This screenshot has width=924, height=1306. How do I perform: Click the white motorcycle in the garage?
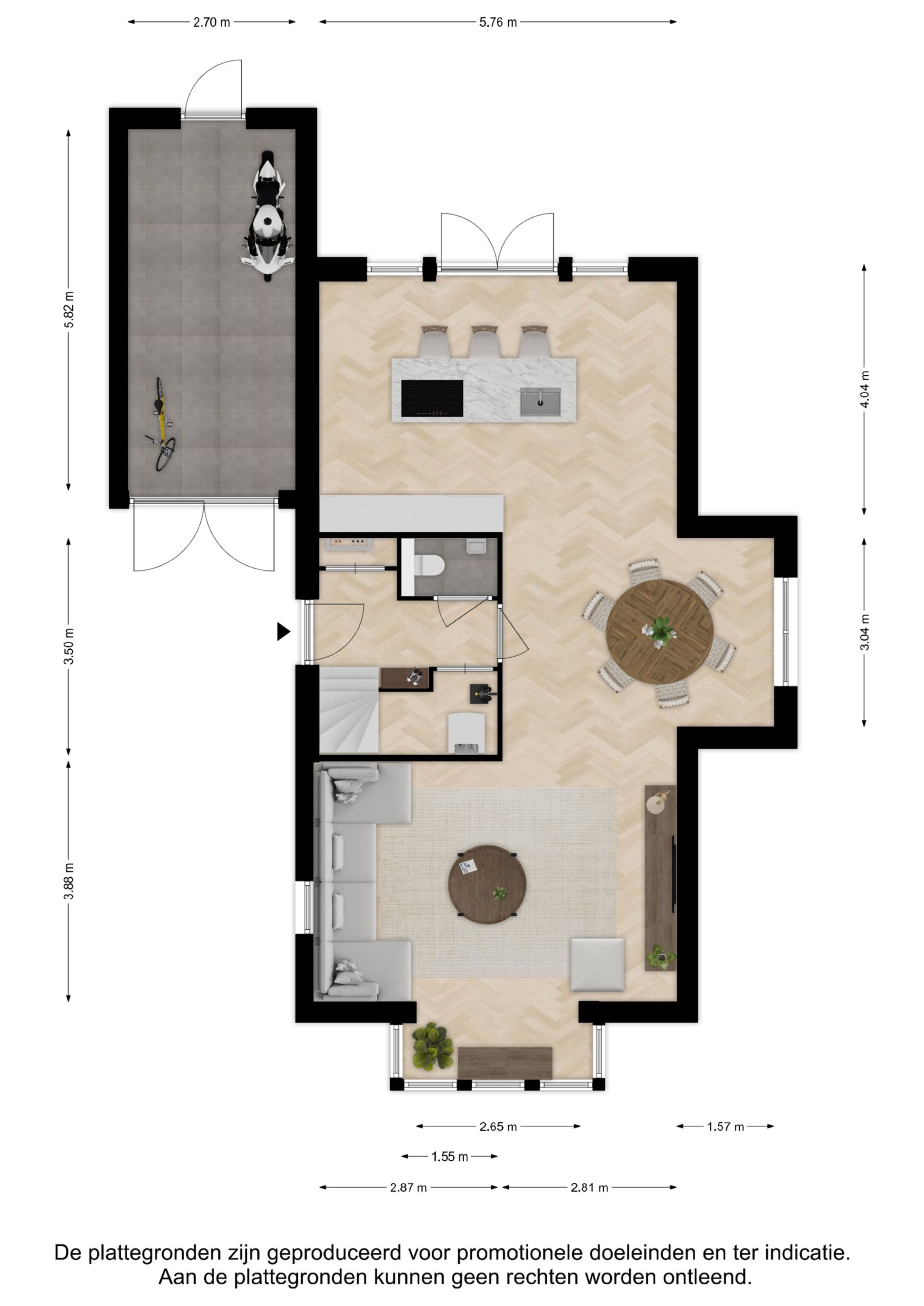coord(267,216)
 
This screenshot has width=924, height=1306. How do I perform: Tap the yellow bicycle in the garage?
coord(161,424)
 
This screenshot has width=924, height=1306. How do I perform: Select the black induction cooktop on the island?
coord(432,398)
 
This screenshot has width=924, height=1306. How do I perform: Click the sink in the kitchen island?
coord(540,402)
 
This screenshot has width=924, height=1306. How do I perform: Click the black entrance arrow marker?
coord(283,631)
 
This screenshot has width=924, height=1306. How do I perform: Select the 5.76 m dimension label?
coord(498,22)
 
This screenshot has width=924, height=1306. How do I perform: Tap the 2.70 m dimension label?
coord(211,22)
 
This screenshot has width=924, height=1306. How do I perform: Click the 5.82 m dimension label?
coord(69,310)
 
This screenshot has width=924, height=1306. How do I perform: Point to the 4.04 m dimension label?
coord(864,389)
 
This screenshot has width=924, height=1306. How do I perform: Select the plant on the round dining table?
coord(659,631)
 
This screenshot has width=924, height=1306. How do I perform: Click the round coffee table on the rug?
coord(487,885)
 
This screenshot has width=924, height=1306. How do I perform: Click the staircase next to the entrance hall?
coord(349,709)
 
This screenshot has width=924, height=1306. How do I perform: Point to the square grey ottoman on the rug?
coord(598,965)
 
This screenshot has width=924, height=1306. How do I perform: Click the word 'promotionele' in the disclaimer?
coord(520,1253)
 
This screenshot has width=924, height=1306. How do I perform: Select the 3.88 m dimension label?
coord(69,881)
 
